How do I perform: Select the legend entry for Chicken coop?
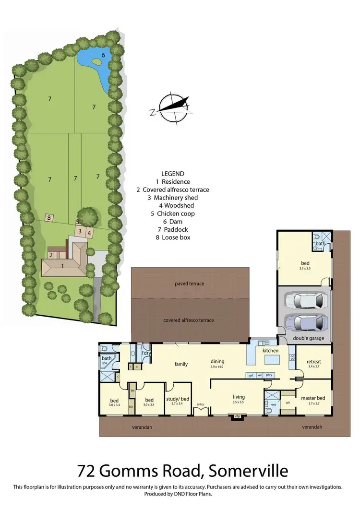pyautogui.click(x=172, y=213)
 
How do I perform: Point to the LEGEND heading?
pyautogui.click(x=173, y=174)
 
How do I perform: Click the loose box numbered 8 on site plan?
pyautogui.click(x=48, y=217)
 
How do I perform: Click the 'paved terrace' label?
pyautogui.click(x=189, y=284)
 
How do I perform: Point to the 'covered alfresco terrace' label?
pyautogui.click(x=189, y=320)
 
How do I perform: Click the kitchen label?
pyautogui.click(x=270, y=351)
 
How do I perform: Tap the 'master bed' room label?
pyautogui.click(x=312, y=397)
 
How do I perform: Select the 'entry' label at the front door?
pyautogui.click(x=200, y=404)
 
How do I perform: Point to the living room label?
pyautogui.click(x=239, y=397)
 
